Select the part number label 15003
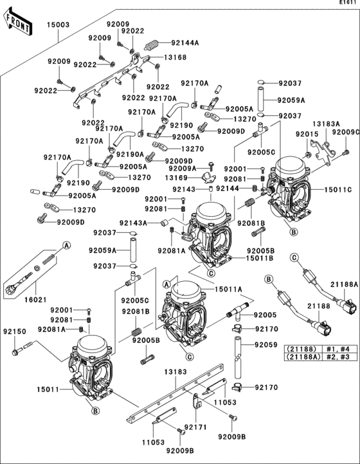point(58,25)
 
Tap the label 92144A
point(185,43)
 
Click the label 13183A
point(327,124)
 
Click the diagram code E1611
point(348,3)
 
